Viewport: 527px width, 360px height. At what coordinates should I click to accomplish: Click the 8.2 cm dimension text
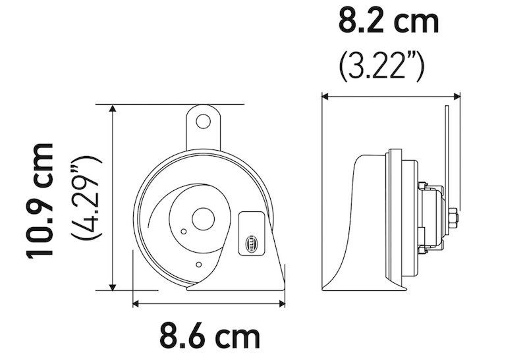[x=389, y=22]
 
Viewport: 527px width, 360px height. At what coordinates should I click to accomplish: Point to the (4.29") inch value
[x=87, y=197]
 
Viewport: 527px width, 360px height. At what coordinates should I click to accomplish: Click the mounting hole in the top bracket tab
[x=204, y=121]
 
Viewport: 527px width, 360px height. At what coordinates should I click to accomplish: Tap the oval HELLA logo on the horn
[x=252, y=242]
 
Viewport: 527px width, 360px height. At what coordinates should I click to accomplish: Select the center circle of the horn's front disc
[x=203, y=219]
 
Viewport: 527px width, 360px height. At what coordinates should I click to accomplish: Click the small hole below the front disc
[x=199, y=265]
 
